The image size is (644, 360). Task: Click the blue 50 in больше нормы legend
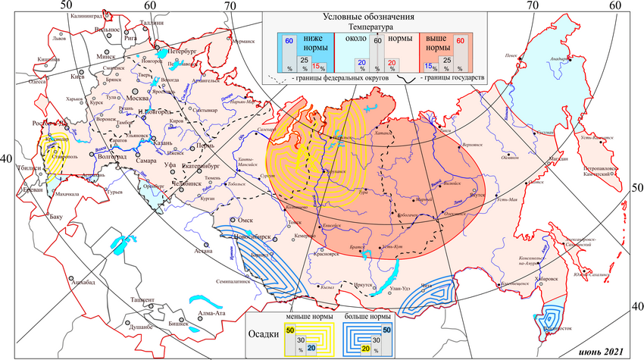coord(386,330)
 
